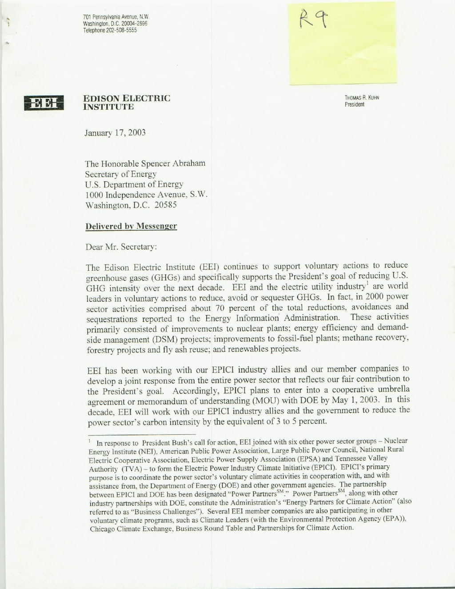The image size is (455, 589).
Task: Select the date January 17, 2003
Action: [x=115, y=133]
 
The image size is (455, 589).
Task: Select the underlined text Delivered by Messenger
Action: [x=131, y=226]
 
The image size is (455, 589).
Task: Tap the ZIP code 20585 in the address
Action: [x=166, y=205]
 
